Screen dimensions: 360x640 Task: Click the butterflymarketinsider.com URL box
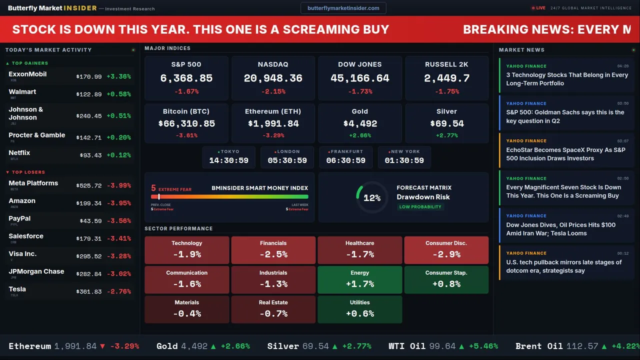343,8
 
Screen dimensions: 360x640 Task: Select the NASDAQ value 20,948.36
273,78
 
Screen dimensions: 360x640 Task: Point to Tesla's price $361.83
89,291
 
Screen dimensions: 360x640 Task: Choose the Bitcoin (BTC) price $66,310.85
186,123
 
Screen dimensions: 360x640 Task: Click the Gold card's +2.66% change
359,135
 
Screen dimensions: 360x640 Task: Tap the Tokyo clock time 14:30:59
228,160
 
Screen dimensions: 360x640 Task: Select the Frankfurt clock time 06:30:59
345,160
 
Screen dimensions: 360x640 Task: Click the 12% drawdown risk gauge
371,198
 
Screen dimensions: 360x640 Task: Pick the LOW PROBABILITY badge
420,207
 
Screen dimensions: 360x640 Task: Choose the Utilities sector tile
359,309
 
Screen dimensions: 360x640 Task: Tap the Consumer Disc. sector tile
446,250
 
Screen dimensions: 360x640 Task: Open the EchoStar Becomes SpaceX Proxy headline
565,154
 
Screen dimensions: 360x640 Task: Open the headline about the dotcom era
563,266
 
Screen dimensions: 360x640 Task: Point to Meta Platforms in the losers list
33,183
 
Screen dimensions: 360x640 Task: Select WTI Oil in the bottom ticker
407,346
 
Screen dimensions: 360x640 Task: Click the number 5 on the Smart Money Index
153,188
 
